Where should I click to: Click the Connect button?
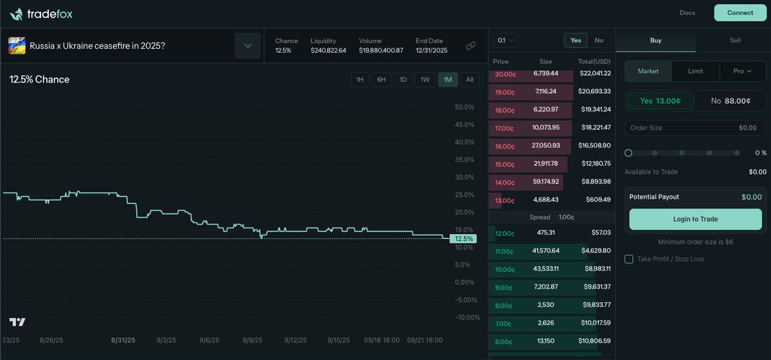tap(740, 13)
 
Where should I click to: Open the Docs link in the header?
tap(687, 13)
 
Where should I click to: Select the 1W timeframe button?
tap(425, 80)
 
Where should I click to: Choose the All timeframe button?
tap(469, 80)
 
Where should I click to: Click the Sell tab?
tap(735, 40)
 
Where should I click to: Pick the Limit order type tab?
tap(695, 71)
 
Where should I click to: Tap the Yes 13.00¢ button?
tap(660, 101)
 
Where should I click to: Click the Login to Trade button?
tap(695, 219)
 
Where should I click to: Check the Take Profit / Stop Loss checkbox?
tap(629, 259)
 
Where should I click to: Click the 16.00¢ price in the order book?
tap(505, 147)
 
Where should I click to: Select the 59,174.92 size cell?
tap(546, 182)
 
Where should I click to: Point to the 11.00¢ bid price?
tap(504, 251)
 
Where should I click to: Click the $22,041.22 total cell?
tap(594, 74)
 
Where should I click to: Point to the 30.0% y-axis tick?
tap(464, 177)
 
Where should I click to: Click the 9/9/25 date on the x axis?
tap(253, 340)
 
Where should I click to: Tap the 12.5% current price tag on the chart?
tap(463, 239)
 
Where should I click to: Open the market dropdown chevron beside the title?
tap(247, 46)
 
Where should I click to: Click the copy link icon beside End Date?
tap(471, 46)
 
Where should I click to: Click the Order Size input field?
tap(695, 128)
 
